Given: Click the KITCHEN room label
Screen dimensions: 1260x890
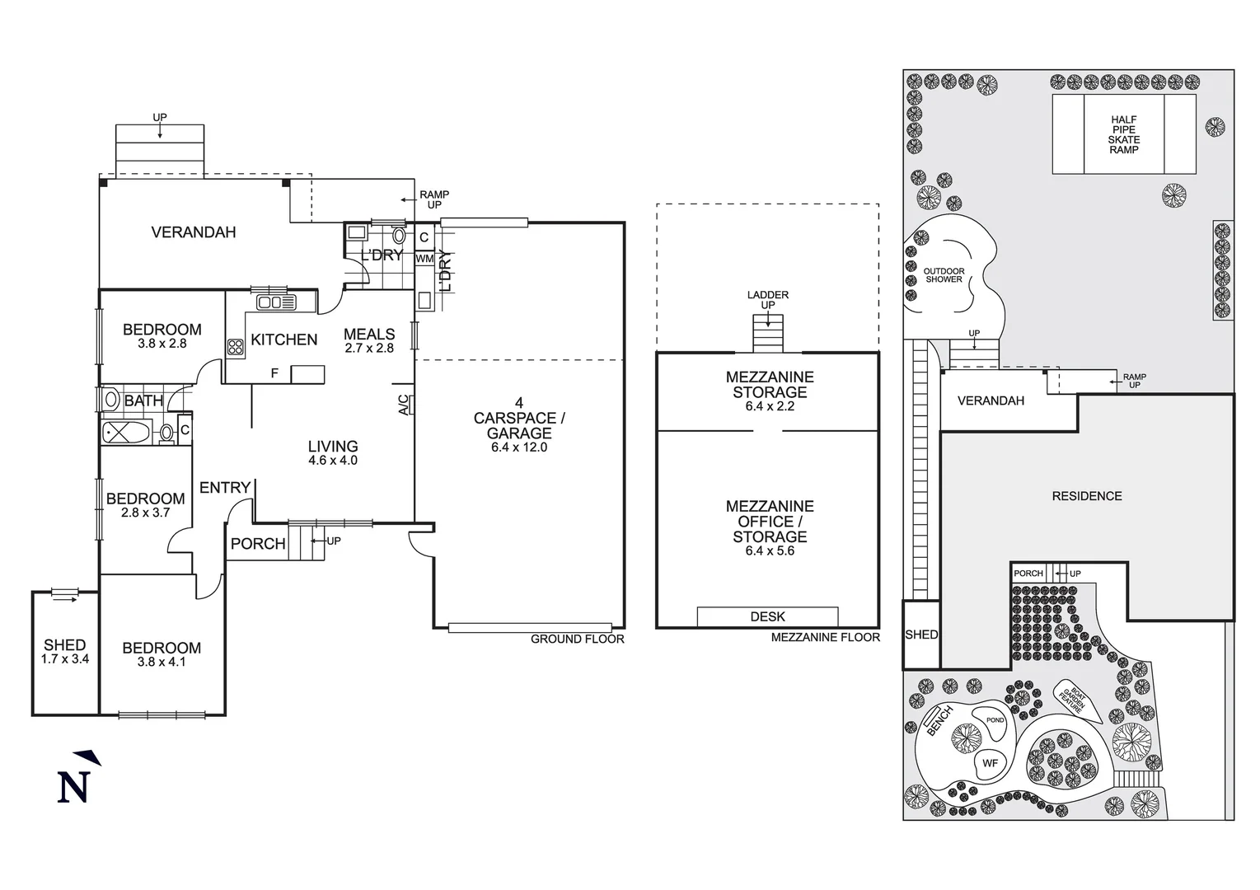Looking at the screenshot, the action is click(283, 340).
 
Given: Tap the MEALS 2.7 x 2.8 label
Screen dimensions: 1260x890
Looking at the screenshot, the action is click(368, 340).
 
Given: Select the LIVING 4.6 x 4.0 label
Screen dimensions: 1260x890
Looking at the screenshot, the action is click(333, 453).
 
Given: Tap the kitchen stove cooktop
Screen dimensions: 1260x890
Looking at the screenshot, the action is click(235, 347).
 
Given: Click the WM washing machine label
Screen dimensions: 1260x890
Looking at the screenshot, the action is click(424, 259).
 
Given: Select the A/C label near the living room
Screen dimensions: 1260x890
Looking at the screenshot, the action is click(403, 405).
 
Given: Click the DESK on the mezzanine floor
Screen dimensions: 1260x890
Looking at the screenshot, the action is click(767, 616).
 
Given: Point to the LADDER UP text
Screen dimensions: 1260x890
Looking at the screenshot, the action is click(767, 300).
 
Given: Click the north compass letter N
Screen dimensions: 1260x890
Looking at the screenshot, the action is click(73, 786).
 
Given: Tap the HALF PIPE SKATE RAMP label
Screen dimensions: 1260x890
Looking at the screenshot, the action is click(1123, 134).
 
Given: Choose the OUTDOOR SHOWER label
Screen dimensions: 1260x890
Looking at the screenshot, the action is click(944, 275).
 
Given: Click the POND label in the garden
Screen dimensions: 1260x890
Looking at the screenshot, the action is click(995, 720).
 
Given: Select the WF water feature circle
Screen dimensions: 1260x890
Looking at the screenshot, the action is click(990, 763).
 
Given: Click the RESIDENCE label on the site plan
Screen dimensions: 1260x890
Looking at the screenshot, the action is click(1086, 496).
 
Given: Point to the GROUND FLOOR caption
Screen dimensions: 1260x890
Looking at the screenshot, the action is click(577, 639).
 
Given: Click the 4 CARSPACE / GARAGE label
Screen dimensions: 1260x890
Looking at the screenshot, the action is click(518, 425).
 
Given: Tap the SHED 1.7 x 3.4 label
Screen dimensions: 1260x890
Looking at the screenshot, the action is click(64, 651).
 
